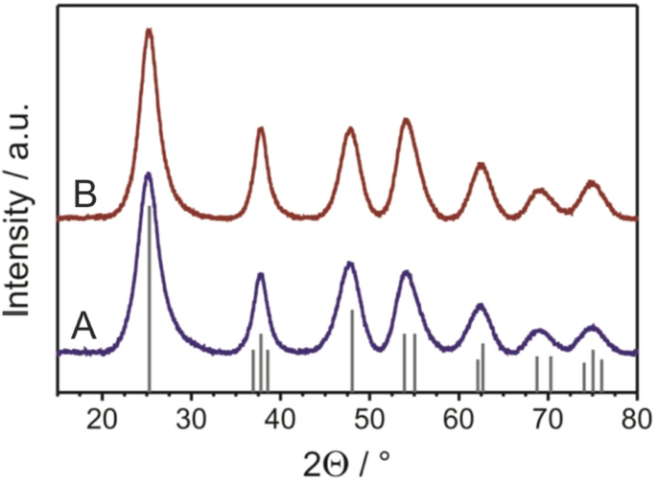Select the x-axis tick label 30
pyautogui.click(x=191, y=415)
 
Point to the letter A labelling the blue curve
pyautogui.click(x=84, y=328)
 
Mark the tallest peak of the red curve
pyautogui.click(x=149, y=31)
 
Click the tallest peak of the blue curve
pyautogui.click(x=148, y=174)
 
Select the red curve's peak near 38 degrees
pyautogui.click(x=261, y=128)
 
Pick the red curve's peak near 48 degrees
pyautogui.click(x=351, y=128)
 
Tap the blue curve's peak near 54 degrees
pyautogui.click(x=406, y=273)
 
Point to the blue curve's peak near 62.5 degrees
pyautogui.click(x=481, y=305)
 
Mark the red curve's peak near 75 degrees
pyautogui.click(x=591, y=182)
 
